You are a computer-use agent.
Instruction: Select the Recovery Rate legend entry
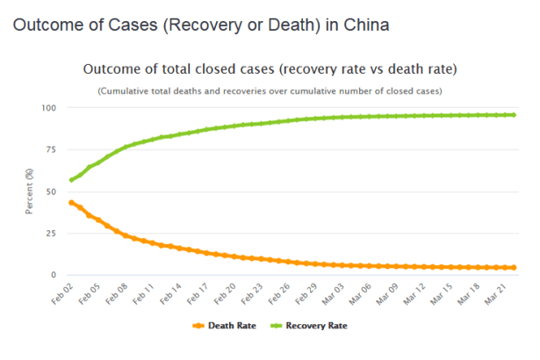point(323,326)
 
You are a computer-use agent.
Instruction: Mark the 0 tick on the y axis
point(54,275)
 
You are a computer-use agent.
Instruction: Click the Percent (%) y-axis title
point(30,191)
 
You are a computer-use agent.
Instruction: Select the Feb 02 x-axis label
point(62,292)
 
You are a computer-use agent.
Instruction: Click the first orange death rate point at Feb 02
point(72,203)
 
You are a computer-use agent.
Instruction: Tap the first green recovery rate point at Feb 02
point(72,180)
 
